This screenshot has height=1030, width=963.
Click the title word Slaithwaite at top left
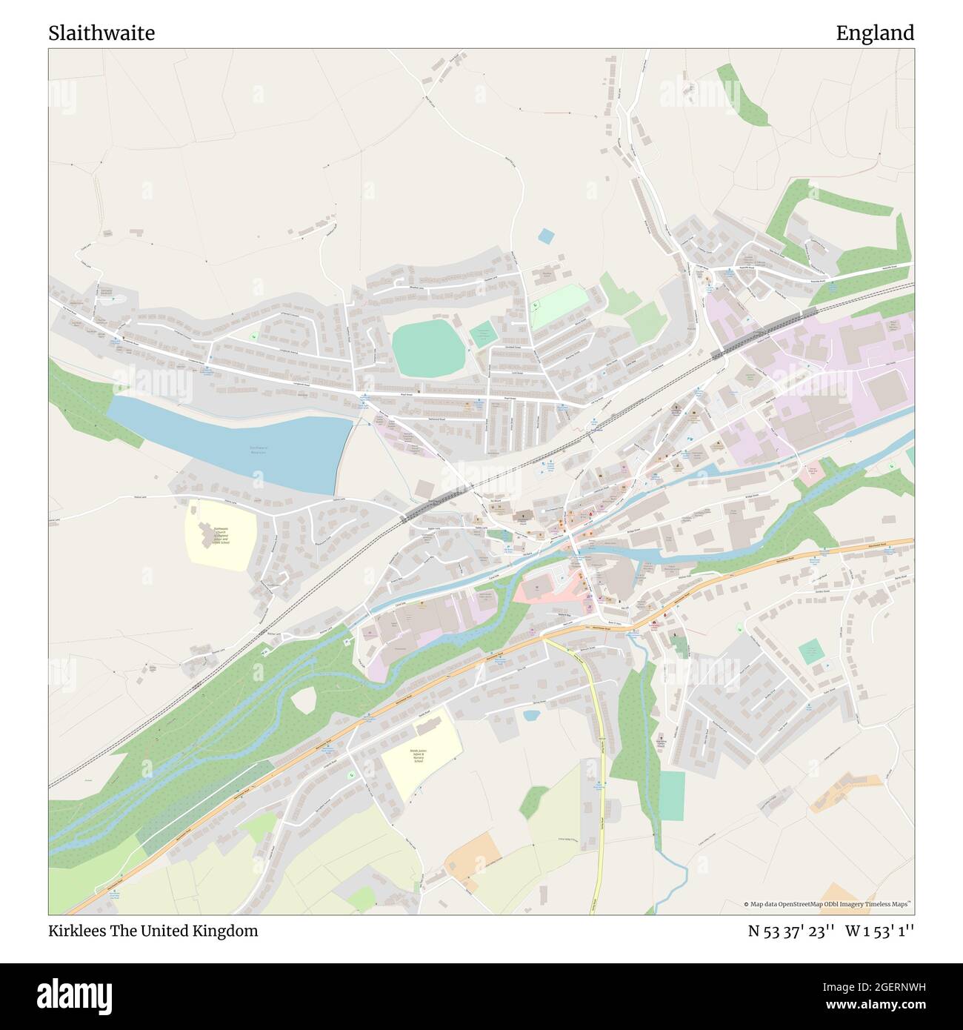pos(101,33)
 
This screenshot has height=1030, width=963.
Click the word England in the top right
pos(875,33)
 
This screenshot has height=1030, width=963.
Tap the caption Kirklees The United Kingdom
pos(153,931)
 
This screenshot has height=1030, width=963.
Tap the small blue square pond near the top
pos(546,236)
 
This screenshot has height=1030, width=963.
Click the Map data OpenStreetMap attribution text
pos(828,904)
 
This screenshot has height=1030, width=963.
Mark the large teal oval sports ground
pos(427,348)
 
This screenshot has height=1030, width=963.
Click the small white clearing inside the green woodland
pos(304,700)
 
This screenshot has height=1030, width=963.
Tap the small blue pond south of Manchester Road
pos(531,716)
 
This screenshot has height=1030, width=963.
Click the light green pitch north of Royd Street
pos(559,305)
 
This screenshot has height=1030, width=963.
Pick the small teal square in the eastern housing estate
pos(811,652)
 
